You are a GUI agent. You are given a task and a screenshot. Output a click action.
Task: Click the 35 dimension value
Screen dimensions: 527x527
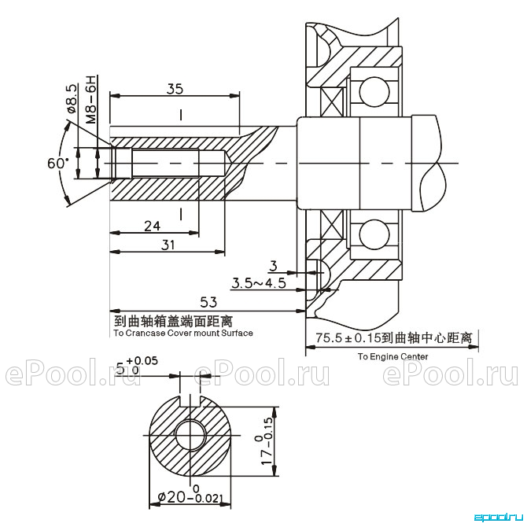175,89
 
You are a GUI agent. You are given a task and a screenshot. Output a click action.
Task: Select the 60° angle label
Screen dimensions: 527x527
57,164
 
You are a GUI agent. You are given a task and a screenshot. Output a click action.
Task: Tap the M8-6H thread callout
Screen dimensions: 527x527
90,99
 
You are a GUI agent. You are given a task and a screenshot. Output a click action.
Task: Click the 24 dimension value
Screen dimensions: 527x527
153,227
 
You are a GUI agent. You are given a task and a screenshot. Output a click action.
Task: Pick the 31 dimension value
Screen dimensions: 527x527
168,245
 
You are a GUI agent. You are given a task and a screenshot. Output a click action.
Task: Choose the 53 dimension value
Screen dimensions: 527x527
208,302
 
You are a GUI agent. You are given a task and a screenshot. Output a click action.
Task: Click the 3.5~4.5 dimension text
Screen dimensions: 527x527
259,283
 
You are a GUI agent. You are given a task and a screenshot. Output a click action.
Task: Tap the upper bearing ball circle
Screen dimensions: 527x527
374,91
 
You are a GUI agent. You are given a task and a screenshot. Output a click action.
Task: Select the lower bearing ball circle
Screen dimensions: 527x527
374,234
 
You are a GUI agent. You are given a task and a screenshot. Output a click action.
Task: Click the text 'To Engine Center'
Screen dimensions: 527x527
392,356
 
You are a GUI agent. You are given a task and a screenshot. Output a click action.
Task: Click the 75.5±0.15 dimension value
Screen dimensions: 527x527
348,337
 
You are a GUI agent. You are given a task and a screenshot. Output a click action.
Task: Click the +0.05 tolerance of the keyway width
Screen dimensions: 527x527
142,360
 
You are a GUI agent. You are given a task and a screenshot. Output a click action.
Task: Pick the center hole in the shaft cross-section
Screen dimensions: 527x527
190,434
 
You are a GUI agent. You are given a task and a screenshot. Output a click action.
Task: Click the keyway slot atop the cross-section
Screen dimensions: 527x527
190,400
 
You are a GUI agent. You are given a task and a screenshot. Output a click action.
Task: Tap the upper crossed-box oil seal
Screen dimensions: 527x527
332,102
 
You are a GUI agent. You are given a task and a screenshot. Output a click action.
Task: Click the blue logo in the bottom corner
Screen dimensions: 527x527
499,518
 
